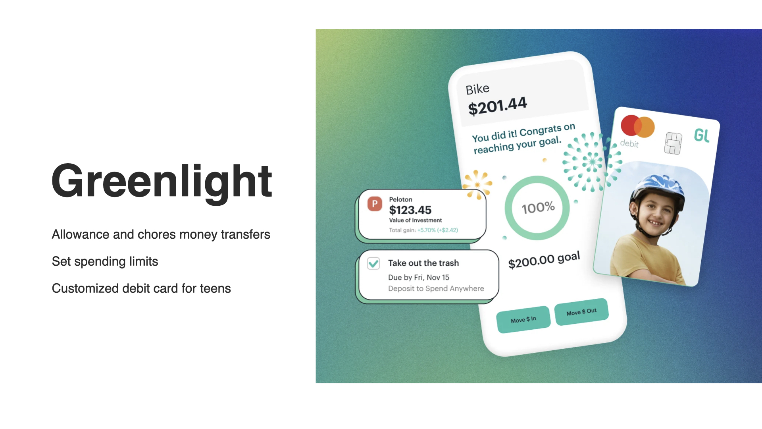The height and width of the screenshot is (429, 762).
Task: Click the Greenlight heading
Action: (x=162, y=182)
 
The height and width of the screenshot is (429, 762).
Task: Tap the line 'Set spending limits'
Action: (x=105, y=261)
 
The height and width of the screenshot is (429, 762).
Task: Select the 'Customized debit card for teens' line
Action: (x=141, y=288)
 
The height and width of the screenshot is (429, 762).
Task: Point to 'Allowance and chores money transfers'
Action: (x=161, y=234)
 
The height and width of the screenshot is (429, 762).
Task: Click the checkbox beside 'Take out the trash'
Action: (x=373, y=263)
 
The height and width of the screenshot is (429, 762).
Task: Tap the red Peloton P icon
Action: (x=375, y=204)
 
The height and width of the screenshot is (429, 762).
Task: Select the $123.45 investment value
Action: (x=410, y=210)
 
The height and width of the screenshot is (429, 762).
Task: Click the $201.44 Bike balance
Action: (x=497, y=106)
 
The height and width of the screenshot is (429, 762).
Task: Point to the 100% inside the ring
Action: (x=538, y=207)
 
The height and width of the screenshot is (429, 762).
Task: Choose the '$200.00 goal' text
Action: (x=544, y=260)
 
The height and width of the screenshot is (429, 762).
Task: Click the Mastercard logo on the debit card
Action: (x=637, y=126)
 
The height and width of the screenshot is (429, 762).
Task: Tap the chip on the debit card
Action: (x=673, y=143)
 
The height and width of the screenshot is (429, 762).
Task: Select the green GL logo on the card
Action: (x=702, y=135)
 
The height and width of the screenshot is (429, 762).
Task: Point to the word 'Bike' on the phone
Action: (x=477, y=89)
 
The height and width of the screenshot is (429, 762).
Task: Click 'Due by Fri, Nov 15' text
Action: (x=419, y=277)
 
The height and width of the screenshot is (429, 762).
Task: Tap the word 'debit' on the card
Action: (x=629, y=143)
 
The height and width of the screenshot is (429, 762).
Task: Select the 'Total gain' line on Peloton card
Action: (x=423, y=230)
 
